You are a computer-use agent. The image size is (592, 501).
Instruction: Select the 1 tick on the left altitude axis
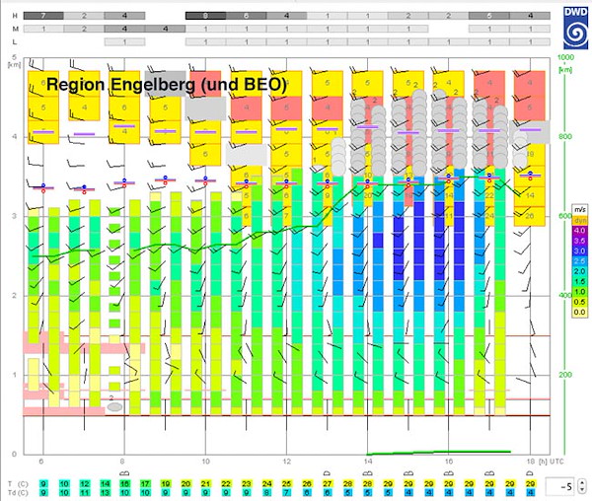point(13,375)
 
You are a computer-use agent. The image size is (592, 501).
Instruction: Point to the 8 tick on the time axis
point(122,462)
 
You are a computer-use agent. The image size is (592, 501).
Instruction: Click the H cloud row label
point(13,17)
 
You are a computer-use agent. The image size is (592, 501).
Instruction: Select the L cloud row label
point(13,42)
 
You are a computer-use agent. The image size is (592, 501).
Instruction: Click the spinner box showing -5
point(564,486)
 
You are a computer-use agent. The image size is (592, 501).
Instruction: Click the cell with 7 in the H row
point(43,17)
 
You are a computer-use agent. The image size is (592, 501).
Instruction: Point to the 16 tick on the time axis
point(449,462)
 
